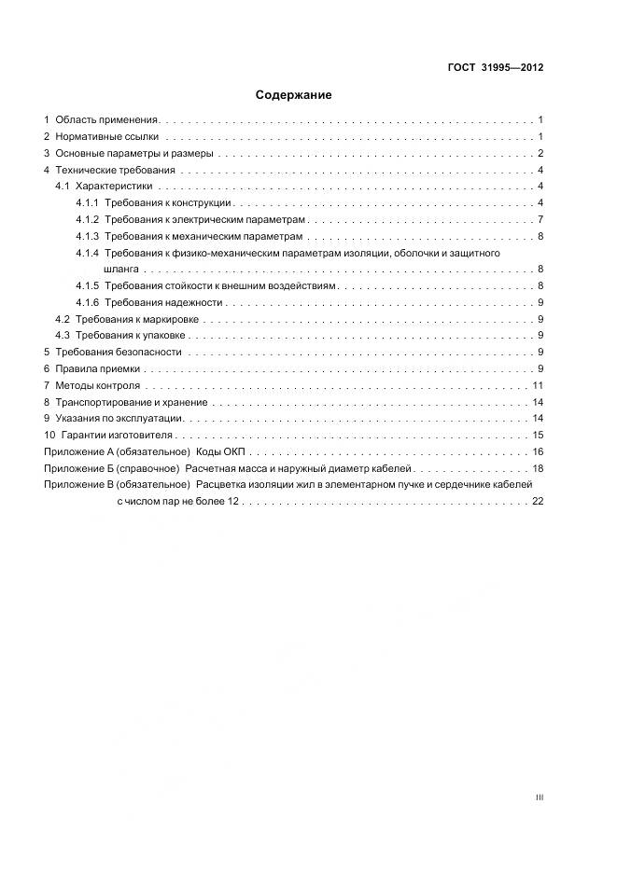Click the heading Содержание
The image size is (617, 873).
point(294,95)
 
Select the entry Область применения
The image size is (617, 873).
point(107,120)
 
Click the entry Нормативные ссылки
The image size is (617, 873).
point(107,137)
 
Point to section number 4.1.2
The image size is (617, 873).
point(88,219)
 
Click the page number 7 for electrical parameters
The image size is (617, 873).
point(540,219)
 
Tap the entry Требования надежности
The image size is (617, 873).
point(163,302)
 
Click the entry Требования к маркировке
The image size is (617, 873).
point(136,319)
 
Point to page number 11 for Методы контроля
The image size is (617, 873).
point(538,385)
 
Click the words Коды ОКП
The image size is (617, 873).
point(219,451)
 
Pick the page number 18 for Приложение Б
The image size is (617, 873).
point(538,468)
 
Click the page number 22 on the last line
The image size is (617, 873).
point(537,501)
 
